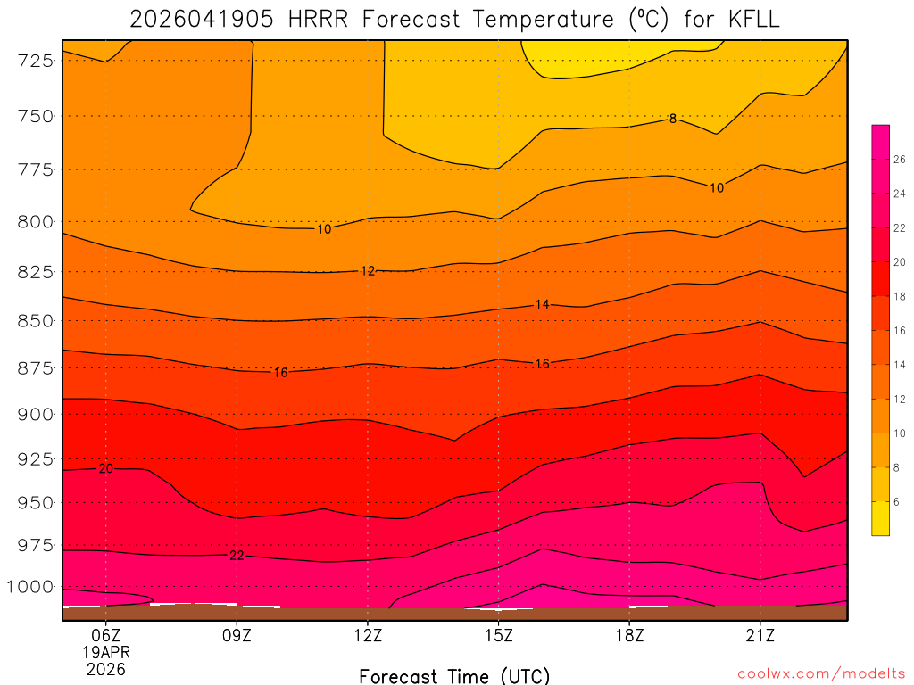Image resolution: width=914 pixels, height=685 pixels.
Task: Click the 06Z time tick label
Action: coord(106,635)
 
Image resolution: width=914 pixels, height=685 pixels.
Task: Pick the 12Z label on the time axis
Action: coord(368,635)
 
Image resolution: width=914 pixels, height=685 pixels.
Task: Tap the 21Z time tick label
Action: coord(760,635)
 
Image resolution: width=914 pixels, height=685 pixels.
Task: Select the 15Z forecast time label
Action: coord(498,635)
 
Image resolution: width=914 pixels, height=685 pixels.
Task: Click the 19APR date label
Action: coord(106,652)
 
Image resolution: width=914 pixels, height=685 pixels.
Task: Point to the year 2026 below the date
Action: coord(106,669)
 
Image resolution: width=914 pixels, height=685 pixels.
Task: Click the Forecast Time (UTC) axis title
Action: coord(454,675)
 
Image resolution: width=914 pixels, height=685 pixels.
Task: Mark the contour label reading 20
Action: coord(105,468)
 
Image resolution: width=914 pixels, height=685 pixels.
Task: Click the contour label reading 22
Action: coord(237,555)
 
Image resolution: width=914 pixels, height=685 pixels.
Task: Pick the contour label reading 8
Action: coord(673,119)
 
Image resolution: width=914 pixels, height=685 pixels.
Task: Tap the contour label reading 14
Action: coord(542,304)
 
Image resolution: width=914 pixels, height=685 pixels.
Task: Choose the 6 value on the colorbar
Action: coord(897,501)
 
